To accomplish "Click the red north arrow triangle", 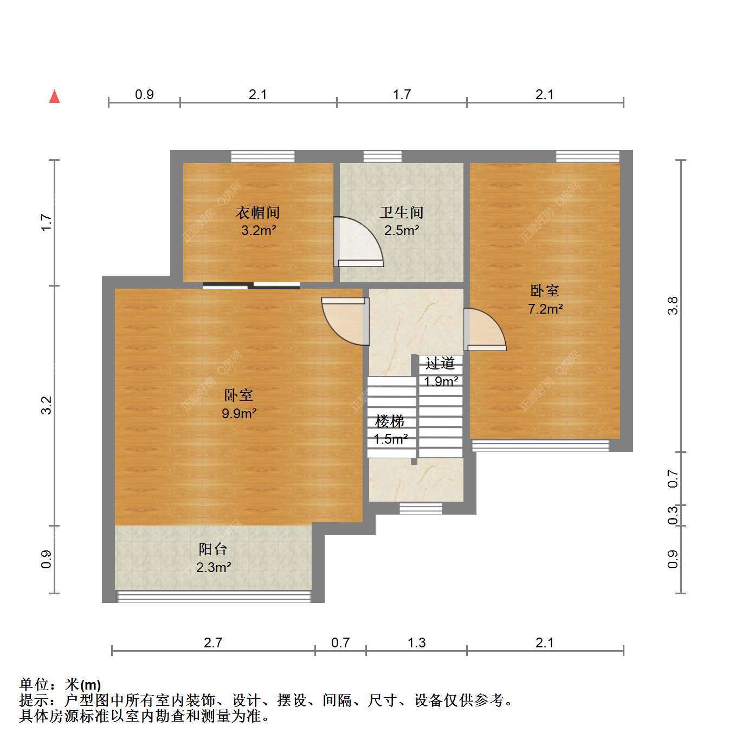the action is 55,97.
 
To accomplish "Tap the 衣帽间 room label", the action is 258,212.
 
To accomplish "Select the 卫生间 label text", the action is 402,212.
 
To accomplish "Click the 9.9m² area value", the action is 239,413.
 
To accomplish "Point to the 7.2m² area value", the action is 545,309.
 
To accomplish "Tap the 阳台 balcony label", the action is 213,549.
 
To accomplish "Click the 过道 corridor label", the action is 440,363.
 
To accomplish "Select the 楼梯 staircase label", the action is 390,421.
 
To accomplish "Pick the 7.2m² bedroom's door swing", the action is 485,330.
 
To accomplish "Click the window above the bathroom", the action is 383,157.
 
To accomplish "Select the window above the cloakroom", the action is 263,157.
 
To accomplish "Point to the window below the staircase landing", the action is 421,508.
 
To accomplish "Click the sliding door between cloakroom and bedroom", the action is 252,286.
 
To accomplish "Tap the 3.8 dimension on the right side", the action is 673,306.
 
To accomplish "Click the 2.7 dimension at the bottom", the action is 213,642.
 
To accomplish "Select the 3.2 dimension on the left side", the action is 46,405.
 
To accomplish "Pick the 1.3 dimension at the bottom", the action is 417,642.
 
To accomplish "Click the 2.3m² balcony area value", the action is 214,567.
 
